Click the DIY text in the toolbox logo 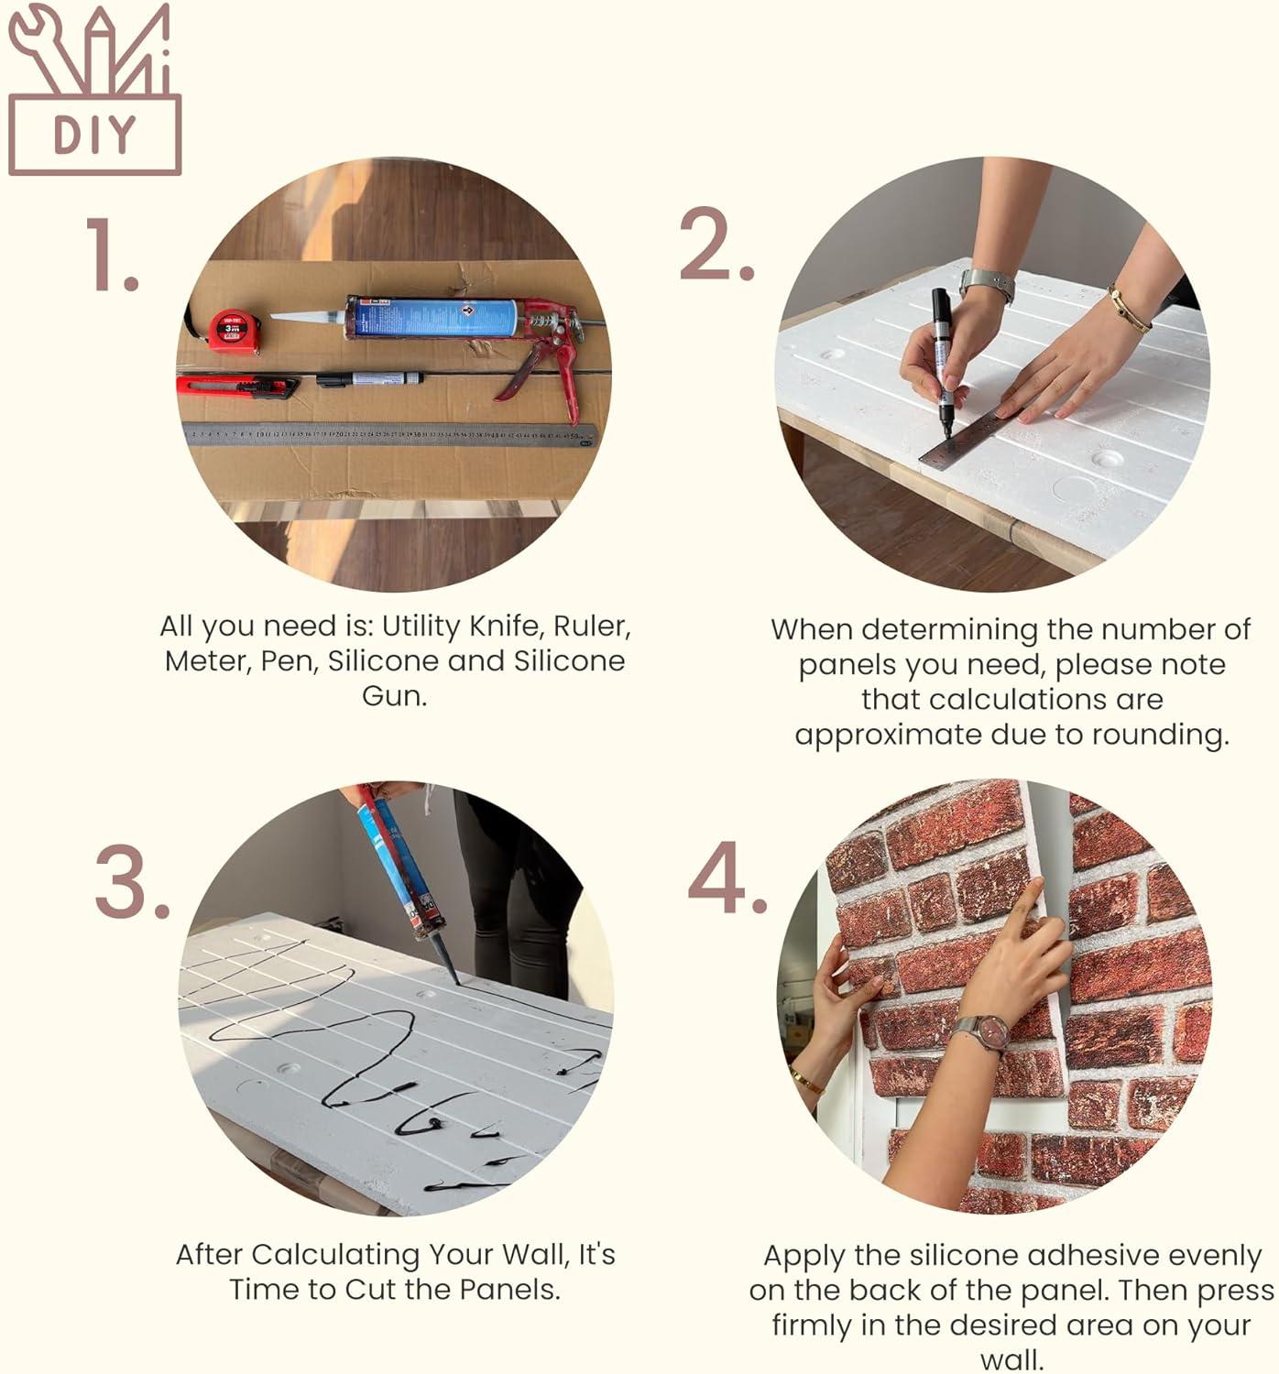94,135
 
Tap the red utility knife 236,387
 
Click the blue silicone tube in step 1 431,318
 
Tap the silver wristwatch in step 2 988,284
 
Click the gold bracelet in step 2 1130,310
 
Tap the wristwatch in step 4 980,1032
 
